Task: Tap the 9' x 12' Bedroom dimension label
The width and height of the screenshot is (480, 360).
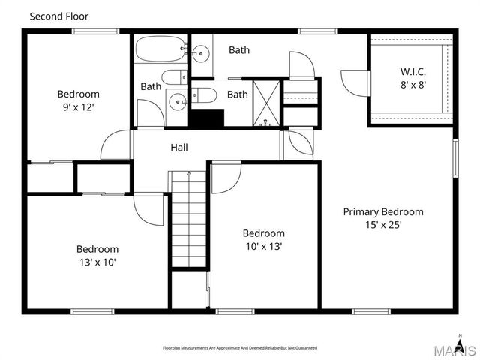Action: (78, 107)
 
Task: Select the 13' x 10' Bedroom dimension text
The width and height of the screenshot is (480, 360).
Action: (97, 262)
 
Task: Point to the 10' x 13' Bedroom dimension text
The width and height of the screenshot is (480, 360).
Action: (263, 246)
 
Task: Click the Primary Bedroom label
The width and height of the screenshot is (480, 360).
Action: (382, 211)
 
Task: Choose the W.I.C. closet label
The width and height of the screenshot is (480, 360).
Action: (413, 72)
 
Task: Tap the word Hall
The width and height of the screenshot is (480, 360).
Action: (178, 148)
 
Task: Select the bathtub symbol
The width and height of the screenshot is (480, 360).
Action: (160, 51)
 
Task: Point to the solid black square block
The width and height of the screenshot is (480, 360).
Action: (206, 118)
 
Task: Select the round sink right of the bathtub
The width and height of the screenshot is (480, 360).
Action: (200, 52)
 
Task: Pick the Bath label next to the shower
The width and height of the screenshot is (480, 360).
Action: (238, 94)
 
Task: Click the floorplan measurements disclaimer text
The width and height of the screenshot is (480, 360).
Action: (240, 348)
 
